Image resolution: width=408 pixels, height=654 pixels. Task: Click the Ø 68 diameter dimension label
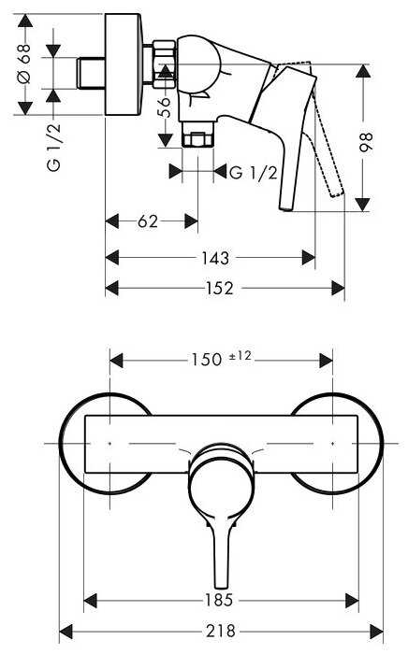[25, 64]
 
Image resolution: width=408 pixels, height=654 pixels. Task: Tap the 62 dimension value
[148, 221]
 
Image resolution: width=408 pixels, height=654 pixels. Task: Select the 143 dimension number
[215, 258]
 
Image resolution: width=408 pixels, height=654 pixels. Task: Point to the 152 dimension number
[220, 288]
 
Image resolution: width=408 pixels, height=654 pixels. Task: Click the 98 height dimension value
[366, 143]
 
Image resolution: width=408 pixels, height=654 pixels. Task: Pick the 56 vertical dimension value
[166, 107]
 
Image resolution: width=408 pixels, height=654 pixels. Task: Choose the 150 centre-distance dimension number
[206, 360]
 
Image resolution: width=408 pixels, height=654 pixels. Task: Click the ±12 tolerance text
[240, 356]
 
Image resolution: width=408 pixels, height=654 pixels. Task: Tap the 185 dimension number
[219, 600]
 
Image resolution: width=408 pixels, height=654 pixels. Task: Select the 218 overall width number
[221, 631]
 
